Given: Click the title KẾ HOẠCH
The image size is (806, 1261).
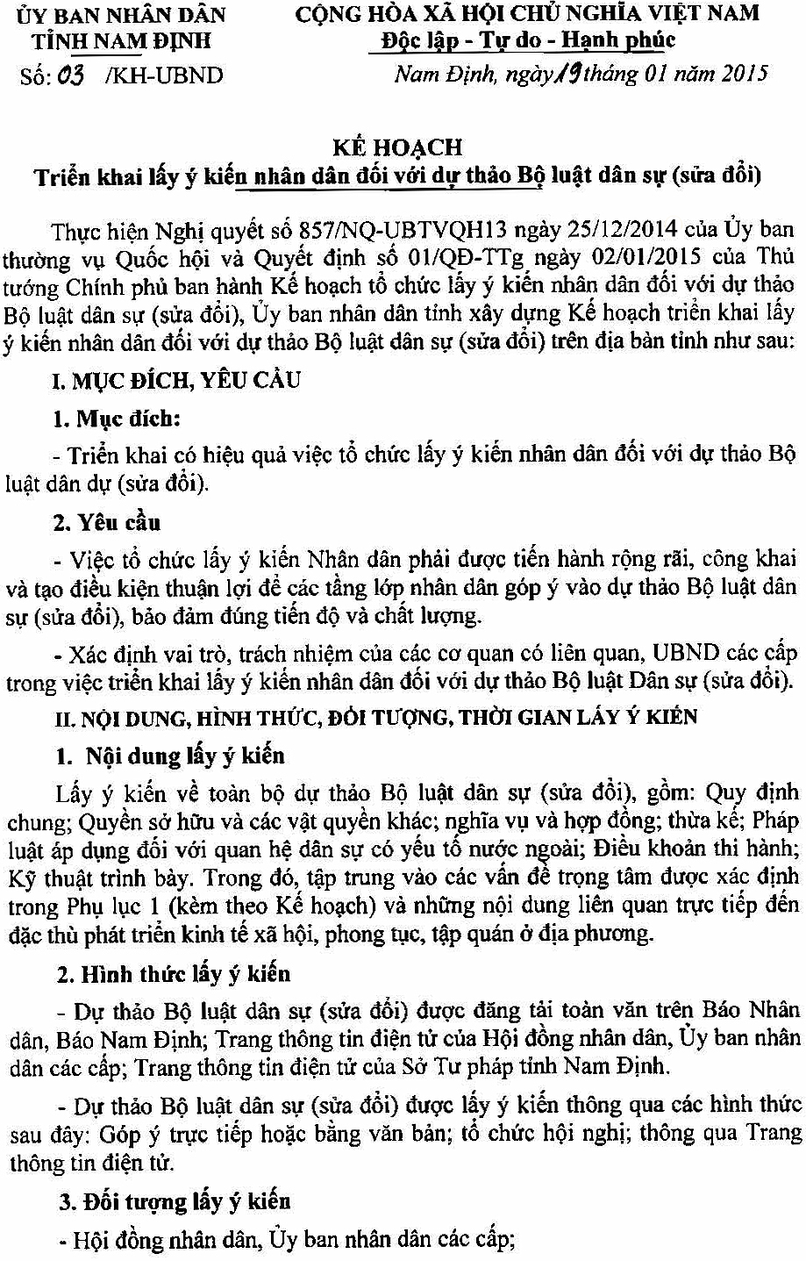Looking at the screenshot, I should pyautogui.click(x=397, y=147).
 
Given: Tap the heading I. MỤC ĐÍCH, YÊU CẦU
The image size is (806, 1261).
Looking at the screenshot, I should pyautogui.click(x=176, y=381).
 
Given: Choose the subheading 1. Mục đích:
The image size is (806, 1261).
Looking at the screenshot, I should pyautogui.click(x=117, y=419).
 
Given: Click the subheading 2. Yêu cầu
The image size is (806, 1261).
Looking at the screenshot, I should pyautogui.click(x=107, y=523).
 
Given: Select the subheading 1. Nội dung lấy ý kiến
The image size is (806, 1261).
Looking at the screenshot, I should pyautogui.click(x=172, y=756).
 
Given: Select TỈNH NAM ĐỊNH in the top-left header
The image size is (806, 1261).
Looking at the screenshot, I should pyautogui.click(x=121, y=41).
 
